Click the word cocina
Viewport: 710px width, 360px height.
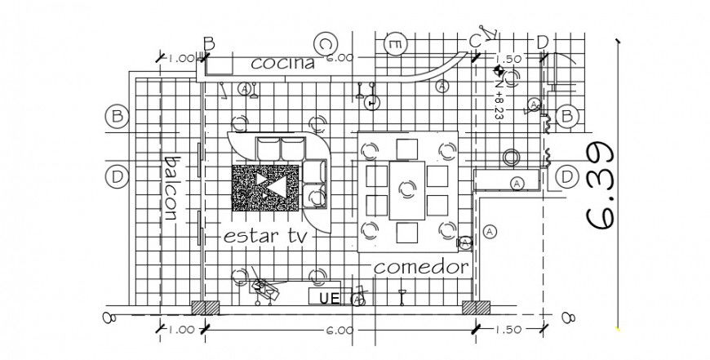coord(282,63)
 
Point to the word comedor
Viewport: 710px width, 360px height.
coord(421,267)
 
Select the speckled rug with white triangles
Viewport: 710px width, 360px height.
coord(268,187)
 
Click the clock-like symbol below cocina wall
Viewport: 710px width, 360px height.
coord(371,104)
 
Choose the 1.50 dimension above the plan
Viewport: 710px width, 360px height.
coord(508,59)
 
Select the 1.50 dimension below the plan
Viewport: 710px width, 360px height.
coord(508,330)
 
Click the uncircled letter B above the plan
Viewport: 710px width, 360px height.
coord(209,43)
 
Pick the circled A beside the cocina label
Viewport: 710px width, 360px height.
coord(243,87)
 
